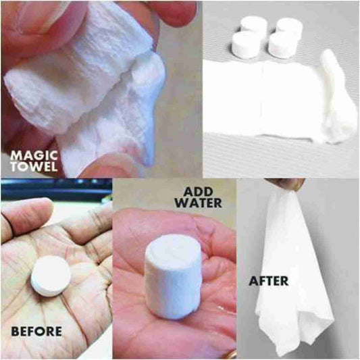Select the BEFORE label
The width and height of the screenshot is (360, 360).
click(x=36, y=331)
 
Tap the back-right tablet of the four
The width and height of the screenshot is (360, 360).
click(x=290, y=28)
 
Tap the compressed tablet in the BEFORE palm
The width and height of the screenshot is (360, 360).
click(x=51, y=276)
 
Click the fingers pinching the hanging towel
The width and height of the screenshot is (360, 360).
click(x=284, y=183)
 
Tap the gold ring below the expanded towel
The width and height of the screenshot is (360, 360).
click(x=231, y=354)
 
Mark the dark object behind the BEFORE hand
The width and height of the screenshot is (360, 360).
click(x=54, y=191)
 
